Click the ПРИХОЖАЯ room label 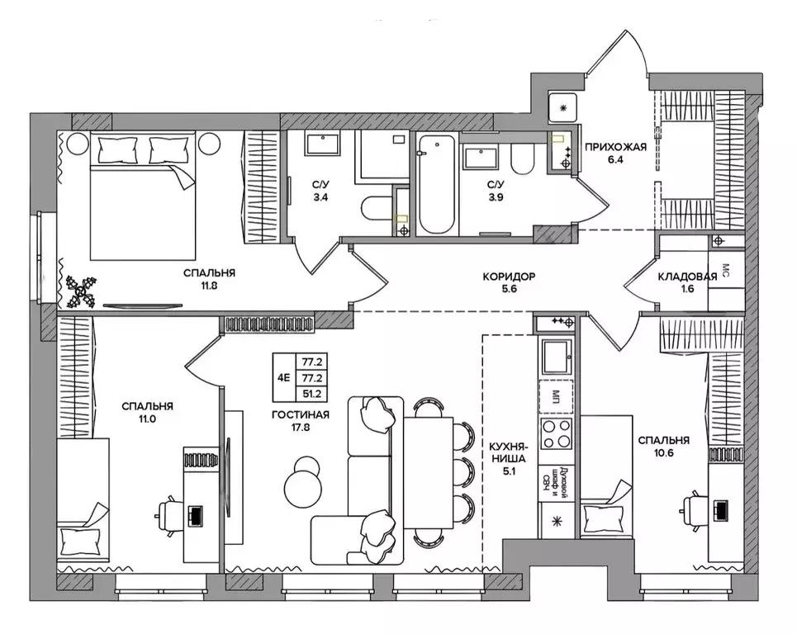[615, 147]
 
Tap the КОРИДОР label [509, 277]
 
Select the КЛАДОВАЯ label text [687, 277]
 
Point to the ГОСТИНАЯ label [301, 415]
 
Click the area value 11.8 [209, 286]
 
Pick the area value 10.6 [664, 452]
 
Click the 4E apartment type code [283, 377]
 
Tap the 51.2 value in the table [312, 394]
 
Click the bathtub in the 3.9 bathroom [437, 184]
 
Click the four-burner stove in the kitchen [556, 434]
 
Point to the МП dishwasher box [556, 395]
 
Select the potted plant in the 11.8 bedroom [81, 291]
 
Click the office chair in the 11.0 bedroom [170, 515]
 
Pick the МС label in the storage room [725, 269]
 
